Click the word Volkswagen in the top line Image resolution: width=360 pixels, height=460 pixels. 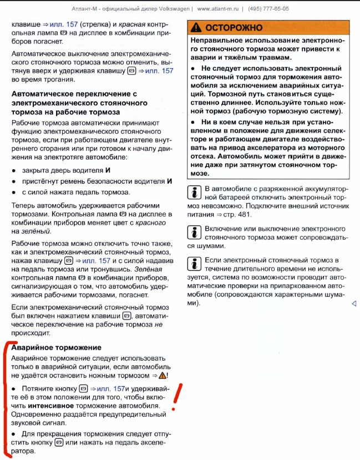(174, 9)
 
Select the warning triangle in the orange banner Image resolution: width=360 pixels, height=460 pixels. (196, 27)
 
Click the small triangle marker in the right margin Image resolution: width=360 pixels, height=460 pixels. (354, 304)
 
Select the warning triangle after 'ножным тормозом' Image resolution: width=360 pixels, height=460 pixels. (162, 376)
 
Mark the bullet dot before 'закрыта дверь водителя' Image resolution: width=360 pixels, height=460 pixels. (13, 170)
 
